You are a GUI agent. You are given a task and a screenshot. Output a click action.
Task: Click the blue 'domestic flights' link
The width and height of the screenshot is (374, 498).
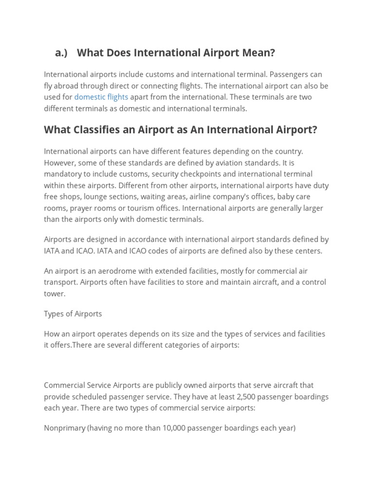101,97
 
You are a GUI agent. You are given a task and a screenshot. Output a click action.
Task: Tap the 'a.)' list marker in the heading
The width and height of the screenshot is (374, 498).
61,53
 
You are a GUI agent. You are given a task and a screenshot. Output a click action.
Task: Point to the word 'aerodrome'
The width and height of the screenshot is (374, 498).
109,271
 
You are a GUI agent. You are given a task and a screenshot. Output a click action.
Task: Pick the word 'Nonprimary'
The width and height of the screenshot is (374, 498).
64,428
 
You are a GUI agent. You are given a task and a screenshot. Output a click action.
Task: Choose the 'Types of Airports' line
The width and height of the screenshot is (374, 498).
73,314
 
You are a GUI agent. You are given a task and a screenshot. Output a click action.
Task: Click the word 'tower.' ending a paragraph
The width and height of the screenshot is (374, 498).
55,294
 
